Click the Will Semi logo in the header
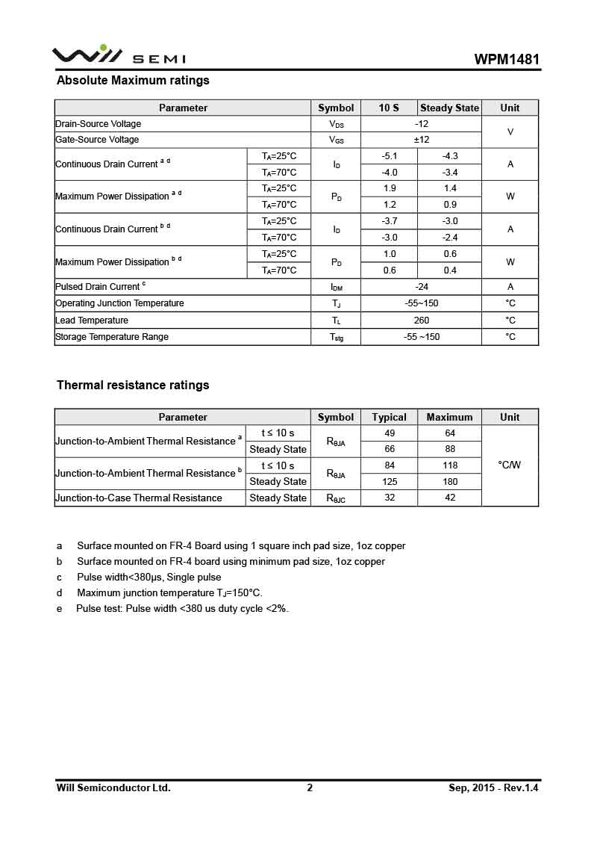point(118,56)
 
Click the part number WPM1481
point(507,60)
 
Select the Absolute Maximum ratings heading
point(133,80)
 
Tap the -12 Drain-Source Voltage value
point(421,124)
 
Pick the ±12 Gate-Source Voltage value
point(421,140)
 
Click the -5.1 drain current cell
point(389,156)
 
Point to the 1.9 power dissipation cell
point(389,188)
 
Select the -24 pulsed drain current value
point(421,287)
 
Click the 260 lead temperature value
point(421,321)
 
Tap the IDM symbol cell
point(336,287)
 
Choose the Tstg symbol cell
point(336,337)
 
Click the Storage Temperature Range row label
point(112,337)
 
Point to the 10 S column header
point(389,108)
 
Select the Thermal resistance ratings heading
point(133,386)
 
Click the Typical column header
point(389,417)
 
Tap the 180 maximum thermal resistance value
point(449,482)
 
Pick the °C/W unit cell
point(510,465)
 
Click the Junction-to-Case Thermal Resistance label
point(139,498)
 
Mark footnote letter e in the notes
point(60,609)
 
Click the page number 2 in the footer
point(310,787)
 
